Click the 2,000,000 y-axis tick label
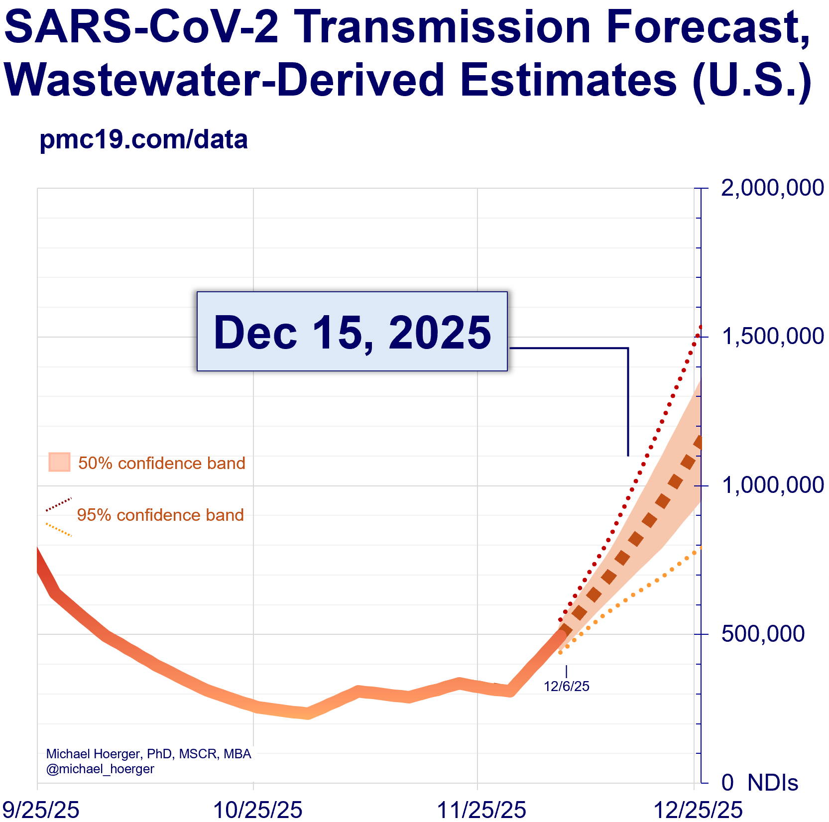(x=772, y=188)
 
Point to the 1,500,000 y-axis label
(x=772, y=337)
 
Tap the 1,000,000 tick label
(x=772, y=485)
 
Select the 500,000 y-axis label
(x=763, y=634)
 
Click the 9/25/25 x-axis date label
(x=39, y=809)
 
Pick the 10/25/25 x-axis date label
(x=257, y=809)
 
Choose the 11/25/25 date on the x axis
(x=481, y=809)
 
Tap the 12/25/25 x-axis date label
(x=698, y=809)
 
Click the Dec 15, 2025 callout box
(x=352, y=332)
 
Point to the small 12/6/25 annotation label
(x=567, y=687)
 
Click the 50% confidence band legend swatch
(x=59, y=462)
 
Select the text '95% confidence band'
(x=160, y=515)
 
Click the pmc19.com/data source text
(x=143, y=140)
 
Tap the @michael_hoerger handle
(x=100, y=769)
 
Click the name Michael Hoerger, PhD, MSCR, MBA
(x=148, y=754)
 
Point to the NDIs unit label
(x=773, y=783)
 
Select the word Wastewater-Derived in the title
(x=224, y=80)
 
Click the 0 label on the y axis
(x=727, y=783)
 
